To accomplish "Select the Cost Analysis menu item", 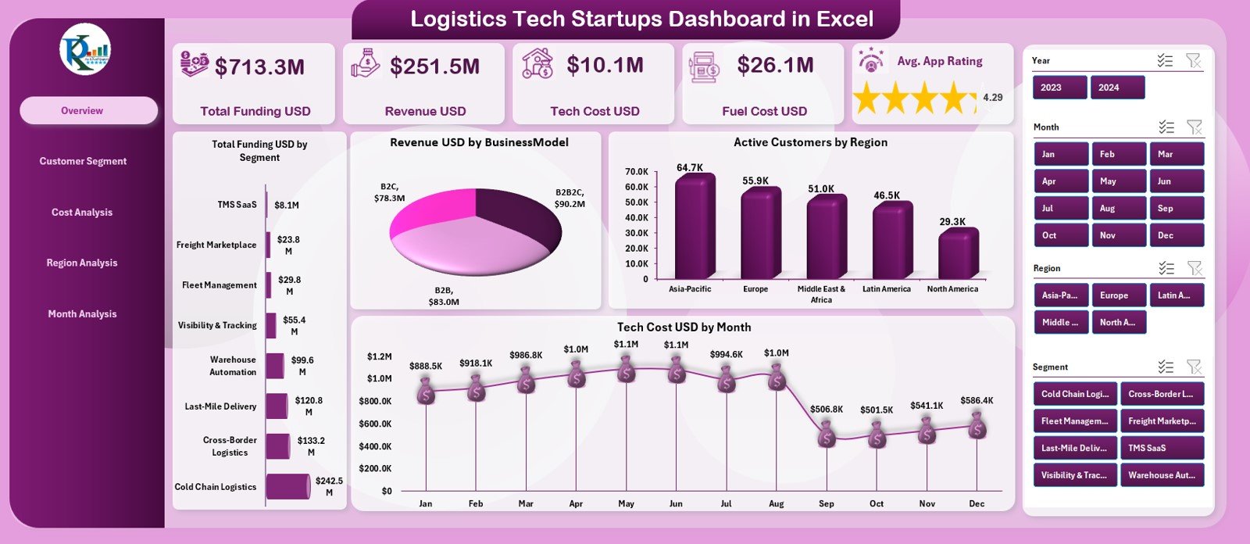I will click(x=82, y=212).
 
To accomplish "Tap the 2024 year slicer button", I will click(x=1117, y=88).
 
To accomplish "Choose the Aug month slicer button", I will click(x=1118, y=208).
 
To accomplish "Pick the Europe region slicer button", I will click(x=1118, y=295).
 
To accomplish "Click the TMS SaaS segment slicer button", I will click(x=1162, y=448).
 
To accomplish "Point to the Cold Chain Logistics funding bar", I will click(x=287, y=486).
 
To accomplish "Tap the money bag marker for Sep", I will click(x=826, y=435).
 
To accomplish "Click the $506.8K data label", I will click(x=826, y=409).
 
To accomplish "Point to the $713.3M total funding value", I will click(x=259, y=67).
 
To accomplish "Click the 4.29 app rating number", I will click(x=992, y=98).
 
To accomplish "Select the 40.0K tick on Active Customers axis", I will click(x=637, y=217).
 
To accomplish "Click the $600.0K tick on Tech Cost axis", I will click(x=376, y=424).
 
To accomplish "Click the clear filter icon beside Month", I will click(x=1194, y=127).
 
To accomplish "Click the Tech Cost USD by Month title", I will click(x=684, y=327).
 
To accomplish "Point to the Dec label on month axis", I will click(x=977, y=503).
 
